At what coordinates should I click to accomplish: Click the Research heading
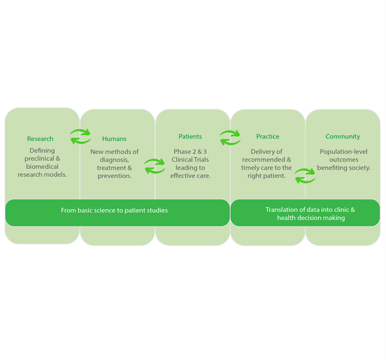(40, 139)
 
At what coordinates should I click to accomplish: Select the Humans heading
(115, 139)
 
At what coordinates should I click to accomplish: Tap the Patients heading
(190, 136)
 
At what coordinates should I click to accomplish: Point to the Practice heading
(268, 136)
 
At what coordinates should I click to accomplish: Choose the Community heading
(343, 137)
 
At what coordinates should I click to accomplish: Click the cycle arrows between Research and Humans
(80, 137)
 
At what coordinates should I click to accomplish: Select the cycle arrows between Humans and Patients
(155, 166)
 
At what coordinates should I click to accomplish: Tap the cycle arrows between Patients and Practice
(230, 138)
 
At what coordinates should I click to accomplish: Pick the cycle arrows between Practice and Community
(305, 176)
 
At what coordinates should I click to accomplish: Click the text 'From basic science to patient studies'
(114, 210)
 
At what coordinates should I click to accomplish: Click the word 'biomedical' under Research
(42, 167)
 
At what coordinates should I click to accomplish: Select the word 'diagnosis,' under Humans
(115, 160)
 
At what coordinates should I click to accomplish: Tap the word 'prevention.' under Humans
(115, 176)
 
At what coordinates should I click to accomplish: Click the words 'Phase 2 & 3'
(190, 152)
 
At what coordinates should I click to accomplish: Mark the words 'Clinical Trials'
(190, 160)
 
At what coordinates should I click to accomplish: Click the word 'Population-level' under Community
(344, 152)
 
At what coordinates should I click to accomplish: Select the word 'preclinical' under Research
(39, 158)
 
